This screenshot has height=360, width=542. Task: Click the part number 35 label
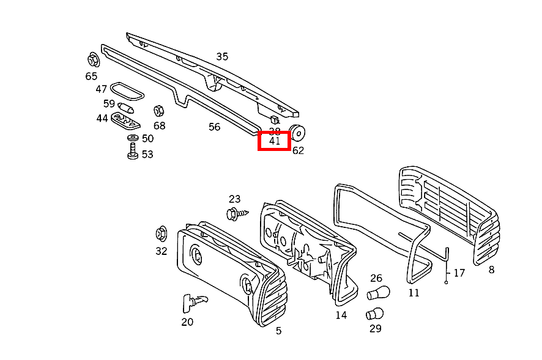222,57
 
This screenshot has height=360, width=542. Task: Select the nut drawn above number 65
93,61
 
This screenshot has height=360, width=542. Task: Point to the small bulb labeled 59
127,108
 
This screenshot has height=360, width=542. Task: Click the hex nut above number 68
157,111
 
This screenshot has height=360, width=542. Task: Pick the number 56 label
214,127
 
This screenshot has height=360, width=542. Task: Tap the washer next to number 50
132,139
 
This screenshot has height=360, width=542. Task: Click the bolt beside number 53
132,153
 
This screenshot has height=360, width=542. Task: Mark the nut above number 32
161,234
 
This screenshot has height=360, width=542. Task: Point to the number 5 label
278,331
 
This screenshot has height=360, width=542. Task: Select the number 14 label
341,315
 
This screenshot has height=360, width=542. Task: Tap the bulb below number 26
378,293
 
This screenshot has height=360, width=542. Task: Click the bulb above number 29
374,315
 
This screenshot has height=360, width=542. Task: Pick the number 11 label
414,293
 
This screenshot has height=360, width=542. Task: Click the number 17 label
459,273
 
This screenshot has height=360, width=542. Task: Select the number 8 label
491,270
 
